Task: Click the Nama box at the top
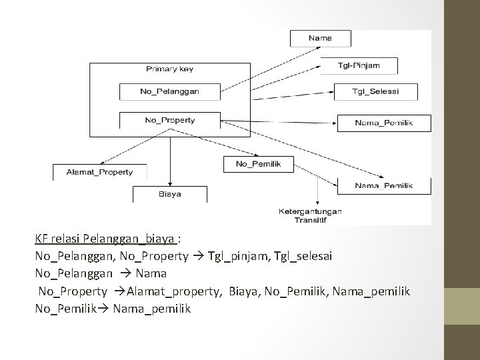click(x=320, y=38)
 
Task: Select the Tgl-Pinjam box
click(x=359, y=65)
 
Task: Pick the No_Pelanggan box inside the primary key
click(x=169, y=91)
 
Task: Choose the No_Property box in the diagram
click(x=169, y=120)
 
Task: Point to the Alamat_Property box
click(x=99, y=171)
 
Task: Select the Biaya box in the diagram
click(x=170, y=194)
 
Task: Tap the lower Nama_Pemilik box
click(x=384, y=185)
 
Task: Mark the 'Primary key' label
click(x=169, y=69)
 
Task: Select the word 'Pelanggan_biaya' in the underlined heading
click(x=139, y=239)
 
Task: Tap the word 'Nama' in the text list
click(x=151, y=273)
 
